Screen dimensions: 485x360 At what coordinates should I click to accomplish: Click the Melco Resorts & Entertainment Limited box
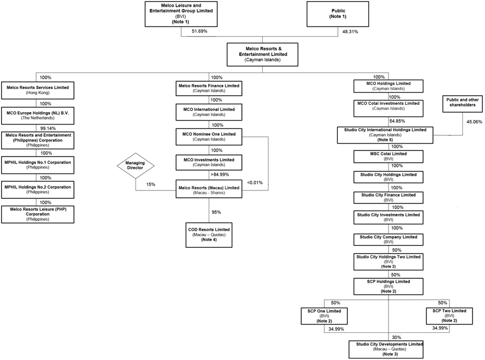pos(262,55)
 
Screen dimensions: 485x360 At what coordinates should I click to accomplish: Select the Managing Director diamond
pos(135,166)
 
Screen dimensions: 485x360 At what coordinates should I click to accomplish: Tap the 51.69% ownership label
pos(200,31)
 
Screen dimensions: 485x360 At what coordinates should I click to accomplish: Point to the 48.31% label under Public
pos(350,32)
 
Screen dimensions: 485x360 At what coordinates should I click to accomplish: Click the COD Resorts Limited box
pos(209,235)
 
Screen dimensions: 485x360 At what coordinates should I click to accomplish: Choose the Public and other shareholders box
pos(462,104)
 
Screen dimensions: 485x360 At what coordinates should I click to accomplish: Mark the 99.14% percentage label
pos(48,128)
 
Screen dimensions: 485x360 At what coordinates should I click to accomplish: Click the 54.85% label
pos(397,121)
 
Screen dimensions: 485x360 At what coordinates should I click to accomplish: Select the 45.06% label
pos(474,122)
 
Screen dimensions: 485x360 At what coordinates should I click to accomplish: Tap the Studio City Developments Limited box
pos(386,349)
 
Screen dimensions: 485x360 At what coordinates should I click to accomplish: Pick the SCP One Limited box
pos(324,316)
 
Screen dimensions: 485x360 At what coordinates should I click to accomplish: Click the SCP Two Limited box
pos(449,316)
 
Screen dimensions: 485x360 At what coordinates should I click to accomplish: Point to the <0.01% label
pos(255,183)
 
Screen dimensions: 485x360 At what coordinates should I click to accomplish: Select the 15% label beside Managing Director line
pos(151,184)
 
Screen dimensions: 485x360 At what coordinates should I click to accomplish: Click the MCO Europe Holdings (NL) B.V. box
pos(38,115)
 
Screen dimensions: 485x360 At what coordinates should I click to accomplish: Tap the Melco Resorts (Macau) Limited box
pos(209,189)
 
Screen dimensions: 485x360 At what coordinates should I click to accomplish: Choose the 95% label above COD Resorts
pos(216,212)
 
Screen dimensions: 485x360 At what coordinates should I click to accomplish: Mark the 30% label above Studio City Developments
pos(396,337)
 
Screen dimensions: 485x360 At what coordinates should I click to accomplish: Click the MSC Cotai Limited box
pos(389,157)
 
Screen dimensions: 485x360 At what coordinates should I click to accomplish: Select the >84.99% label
pos(220,175)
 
